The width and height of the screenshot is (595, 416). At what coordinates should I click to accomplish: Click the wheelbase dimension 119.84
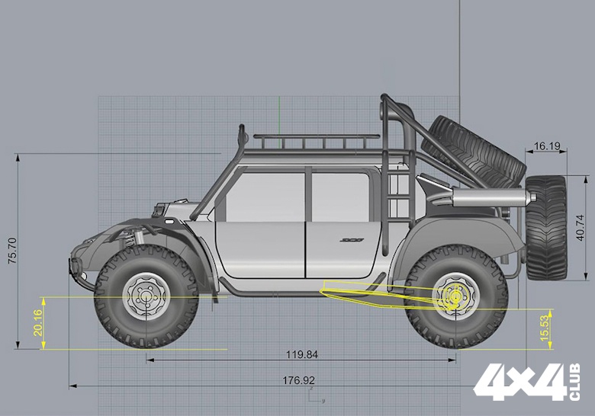302,355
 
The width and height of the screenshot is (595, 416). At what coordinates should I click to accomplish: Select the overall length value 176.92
298,380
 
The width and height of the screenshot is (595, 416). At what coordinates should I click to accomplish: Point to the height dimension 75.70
12,251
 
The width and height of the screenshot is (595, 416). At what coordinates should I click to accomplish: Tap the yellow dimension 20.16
38,323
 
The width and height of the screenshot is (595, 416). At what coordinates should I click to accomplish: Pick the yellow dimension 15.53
545,328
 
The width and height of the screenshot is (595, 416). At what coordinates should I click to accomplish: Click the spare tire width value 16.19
546,146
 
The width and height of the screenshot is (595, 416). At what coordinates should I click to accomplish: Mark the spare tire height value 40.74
581,228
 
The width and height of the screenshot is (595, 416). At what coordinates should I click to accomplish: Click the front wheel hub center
146,296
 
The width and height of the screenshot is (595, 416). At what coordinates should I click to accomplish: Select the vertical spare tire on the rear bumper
546,227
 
